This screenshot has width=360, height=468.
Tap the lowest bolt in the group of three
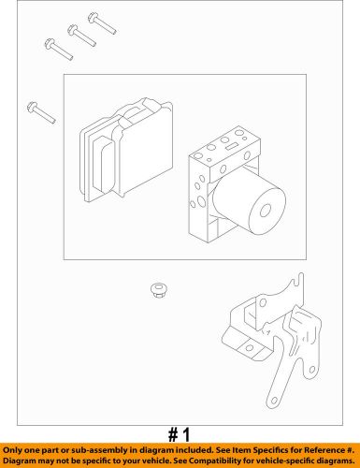[59, 46]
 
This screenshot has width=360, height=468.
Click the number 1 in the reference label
[185, 434]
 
